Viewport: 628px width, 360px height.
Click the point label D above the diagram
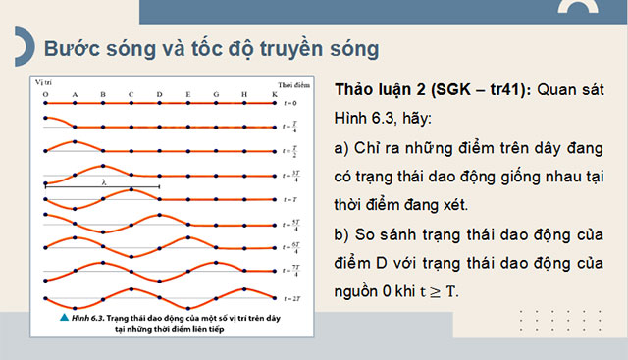[x=159, y=95]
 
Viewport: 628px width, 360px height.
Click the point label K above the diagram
[x=273, y=95]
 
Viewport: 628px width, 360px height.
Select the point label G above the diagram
[x=216, y=95]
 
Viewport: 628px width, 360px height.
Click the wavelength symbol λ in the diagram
[x=103, y=182]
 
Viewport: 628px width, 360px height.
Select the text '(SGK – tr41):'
[x=478, y=89]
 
